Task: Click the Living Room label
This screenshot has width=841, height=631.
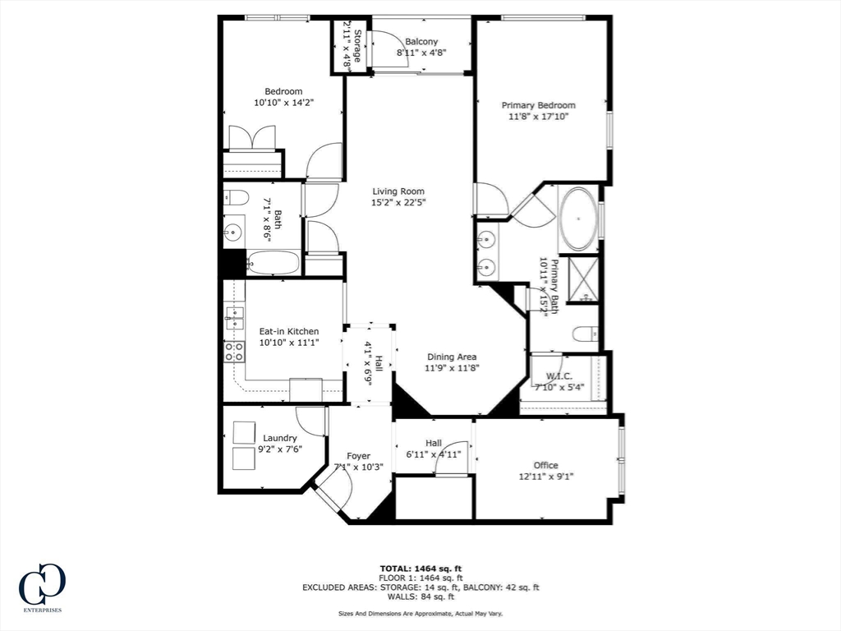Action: point(398,191)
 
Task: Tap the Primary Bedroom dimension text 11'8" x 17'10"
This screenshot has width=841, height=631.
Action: point(538,117)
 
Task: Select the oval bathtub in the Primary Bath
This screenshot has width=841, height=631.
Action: point(578,219)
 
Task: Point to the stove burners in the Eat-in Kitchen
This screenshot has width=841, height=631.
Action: point(234,352)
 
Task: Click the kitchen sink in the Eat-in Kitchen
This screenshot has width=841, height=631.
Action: point(234,318)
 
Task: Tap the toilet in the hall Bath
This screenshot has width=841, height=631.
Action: point(236,198)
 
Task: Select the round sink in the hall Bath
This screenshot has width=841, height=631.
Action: point(233,233)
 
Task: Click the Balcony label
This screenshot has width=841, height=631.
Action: point(421,41)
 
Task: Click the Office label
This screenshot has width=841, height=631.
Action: point(545,465)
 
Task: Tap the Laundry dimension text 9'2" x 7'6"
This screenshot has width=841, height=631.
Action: point(280,449)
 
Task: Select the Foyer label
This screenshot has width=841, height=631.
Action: point(358,456)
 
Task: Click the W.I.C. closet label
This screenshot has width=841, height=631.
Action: point(558,376)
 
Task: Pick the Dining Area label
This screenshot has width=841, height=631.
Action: point(452,357)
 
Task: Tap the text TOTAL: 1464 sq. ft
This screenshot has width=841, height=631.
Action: point(421,569)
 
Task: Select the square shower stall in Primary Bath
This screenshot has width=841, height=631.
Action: point(583,280)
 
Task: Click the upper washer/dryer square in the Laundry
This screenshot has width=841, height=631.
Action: point(244,432)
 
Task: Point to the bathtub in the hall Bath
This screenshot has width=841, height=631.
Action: point(273,263)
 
